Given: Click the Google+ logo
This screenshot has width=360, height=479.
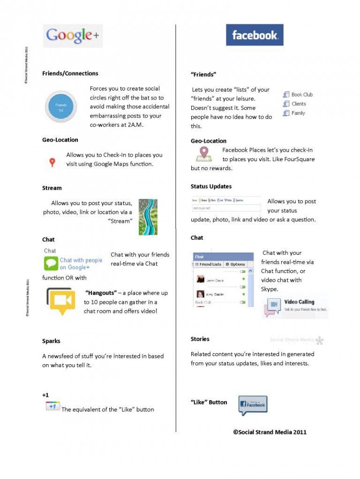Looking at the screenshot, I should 73,36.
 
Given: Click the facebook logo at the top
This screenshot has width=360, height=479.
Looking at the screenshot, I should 255,35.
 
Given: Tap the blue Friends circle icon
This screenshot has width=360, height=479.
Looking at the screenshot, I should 61,107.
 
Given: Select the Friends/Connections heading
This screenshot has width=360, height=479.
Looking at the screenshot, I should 70,74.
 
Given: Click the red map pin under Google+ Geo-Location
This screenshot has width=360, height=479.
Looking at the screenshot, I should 52,163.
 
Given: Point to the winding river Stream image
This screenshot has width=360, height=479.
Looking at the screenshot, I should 148,217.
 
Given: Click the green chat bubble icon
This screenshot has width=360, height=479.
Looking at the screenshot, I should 51,263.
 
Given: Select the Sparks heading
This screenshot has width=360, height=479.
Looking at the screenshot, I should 51,341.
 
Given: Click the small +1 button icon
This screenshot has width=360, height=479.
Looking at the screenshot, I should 52,406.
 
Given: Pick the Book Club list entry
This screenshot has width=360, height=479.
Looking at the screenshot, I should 301,95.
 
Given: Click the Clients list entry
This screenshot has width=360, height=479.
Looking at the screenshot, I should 298,104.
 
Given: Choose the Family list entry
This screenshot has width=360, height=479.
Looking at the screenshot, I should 298,113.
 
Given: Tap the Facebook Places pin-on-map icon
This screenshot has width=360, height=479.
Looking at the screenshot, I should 204,154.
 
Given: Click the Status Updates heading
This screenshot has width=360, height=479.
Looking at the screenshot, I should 211,187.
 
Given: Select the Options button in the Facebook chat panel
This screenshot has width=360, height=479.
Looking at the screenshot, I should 235,264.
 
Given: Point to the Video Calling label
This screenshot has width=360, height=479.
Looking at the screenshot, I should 299,302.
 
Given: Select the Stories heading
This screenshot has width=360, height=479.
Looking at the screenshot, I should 200,339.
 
